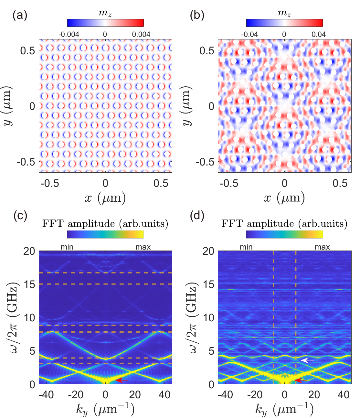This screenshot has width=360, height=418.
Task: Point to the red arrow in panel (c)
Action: tap(122, 380)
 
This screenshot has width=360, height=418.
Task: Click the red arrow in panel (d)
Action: tap(301, 380)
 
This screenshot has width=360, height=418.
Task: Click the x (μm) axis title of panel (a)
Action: tap(105, 198)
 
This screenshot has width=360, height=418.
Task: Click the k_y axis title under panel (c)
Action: tap(105, 410)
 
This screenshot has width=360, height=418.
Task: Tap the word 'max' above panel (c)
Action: tap(143, 247)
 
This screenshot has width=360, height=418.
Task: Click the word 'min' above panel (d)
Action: tap(246, 247)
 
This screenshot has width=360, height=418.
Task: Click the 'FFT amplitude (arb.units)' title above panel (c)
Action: tap(105, 223)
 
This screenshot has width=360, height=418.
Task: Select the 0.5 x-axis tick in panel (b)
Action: tap(340, 183)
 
